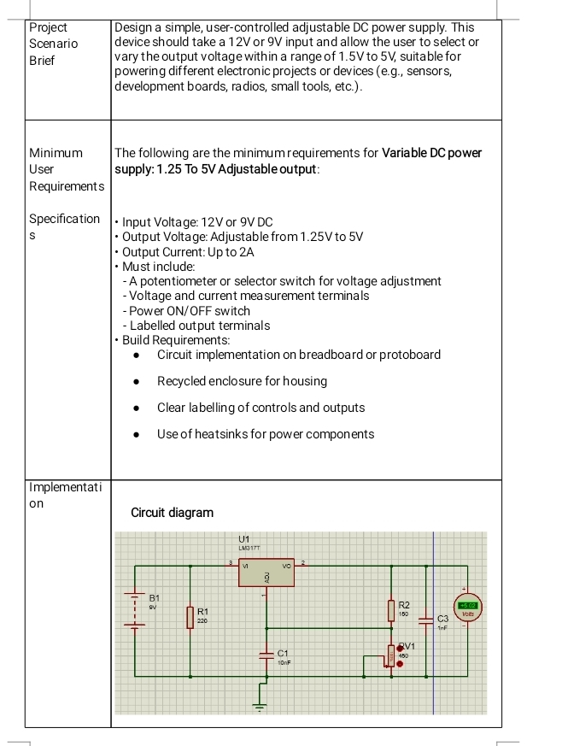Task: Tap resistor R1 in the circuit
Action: pyautogui.click(x=190, y=615)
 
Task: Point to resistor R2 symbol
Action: pyautogui.click(x=391, y=609)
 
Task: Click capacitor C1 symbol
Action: pyautogui.click(x=266, y=654)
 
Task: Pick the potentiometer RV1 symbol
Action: pyautogui.click(x=392, y=655)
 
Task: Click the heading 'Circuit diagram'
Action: pyautogui.click(x=172, y=513)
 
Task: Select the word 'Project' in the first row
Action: pyautogui.click(x=49, y=27)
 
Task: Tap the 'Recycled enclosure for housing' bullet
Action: pyautogui.click(x=242, y=381)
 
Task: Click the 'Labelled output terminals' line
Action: pyautogui.click(x=196, y=325)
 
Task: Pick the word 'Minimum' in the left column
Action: pyautogui.click(x=56, y=153)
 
